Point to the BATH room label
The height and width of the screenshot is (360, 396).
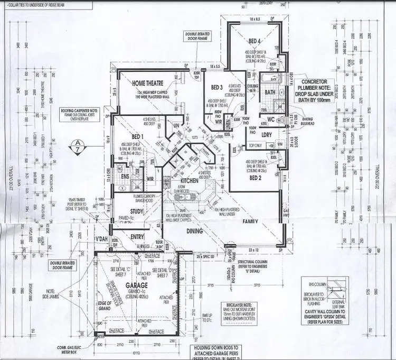270,93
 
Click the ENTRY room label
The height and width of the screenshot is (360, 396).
137,237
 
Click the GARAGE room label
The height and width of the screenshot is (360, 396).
136,285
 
